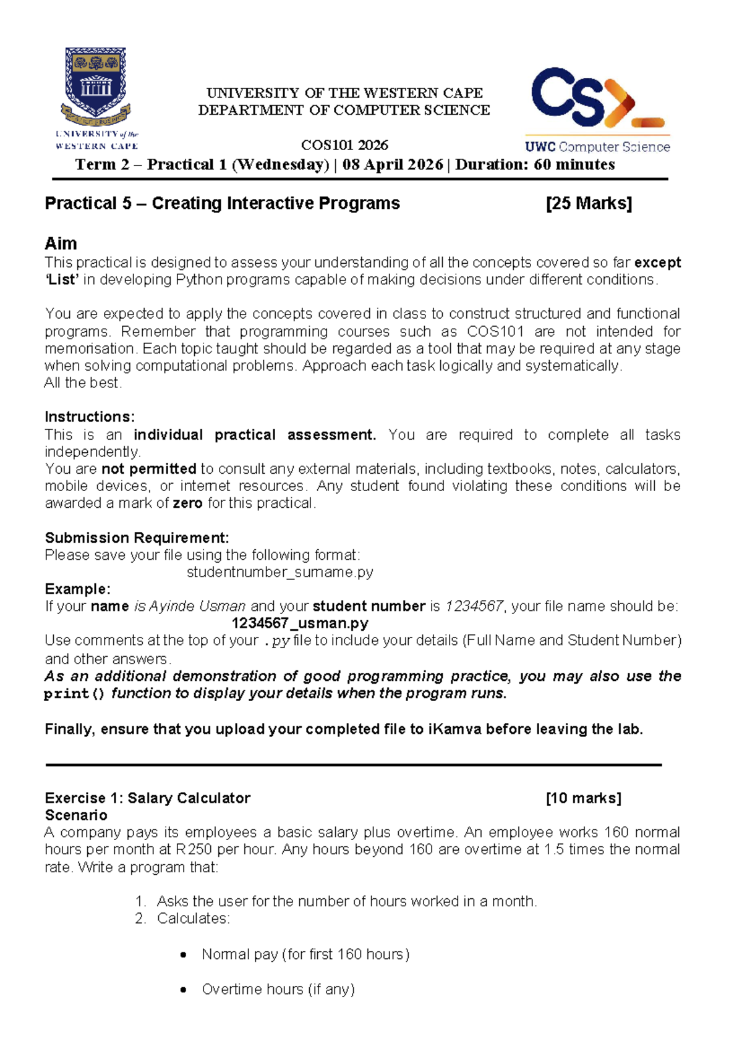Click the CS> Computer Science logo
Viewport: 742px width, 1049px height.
pos(597,109)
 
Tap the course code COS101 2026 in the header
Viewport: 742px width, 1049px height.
pos(344,145)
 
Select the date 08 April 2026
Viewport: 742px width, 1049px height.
pos(393,165)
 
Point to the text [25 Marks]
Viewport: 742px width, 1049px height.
pos(589,203)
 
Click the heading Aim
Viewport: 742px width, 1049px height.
pos(61,243)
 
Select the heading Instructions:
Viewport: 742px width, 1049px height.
pos(90,417)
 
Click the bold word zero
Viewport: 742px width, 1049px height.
pos(187,503)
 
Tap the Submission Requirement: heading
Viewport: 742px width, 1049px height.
pos(137,537)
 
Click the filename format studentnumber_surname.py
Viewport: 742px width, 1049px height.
pos(280,572)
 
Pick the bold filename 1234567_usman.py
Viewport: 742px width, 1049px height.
pos(300,623)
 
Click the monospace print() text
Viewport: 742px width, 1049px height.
pos(75,694)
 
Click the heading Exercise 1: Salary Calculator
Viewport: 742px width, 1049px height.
pos(148,798)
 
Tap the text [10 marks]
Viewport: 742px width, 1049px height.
pos(584,798)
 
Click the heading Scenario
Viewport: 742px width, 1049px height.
pos(76,815)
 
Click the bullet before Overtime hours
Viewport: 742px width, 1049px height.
pos(183,990)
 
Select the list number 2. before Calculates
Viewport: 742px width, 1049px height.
pos(140,919)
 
